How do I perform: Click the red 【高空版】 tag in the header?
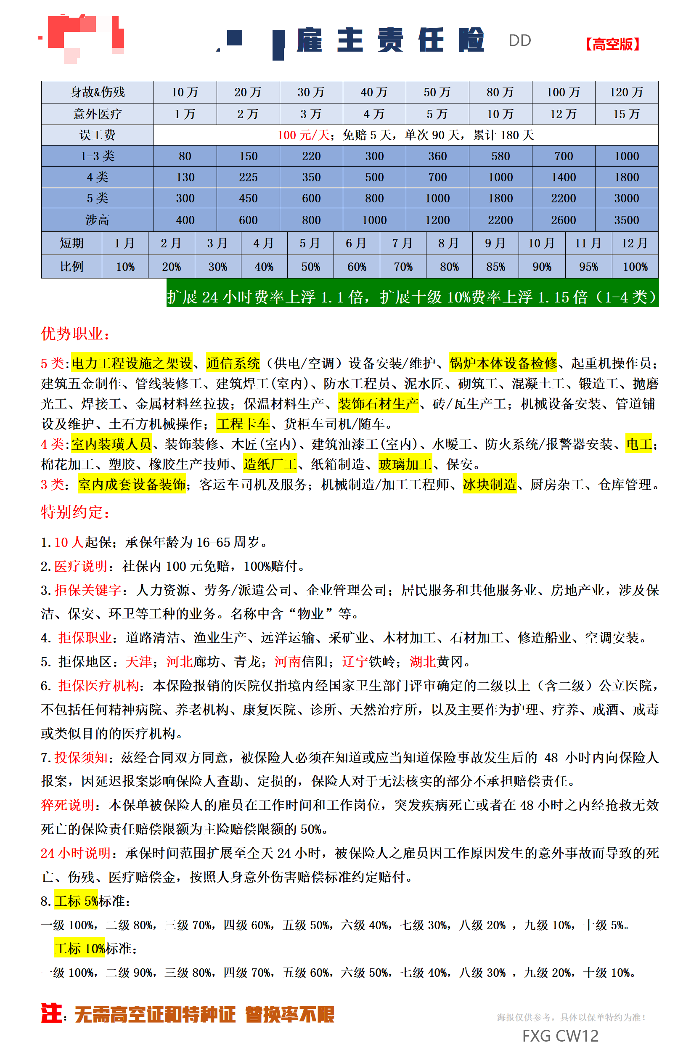click(x=613, y=44)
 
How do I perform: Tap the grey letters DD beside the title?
click(x=519, y=40)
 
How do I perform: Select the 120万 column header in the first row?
click(x=626, y=92)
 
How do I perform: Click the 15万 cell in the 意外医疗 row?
click(x=626, y=114)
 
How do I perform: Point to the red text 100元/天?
click(x=303, y=135)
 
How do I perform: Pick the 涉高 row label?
click(x=97, y=220)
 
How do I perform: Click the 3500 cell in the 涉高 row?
click(x=626, y=220)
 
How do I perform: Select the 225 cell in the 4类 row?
click(x=248, y=178)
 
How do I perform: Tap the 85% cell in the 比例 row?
click(x=495, y=267)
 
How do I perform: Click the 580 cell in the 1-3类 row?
click(x=500, y=156)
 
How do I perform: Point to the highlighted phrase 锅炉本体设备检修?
click(x=503, y=363)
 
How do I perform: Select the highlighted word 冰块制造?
click(x=490, y=484)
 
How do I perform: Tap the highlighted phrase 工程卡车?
click(x=243, y=424)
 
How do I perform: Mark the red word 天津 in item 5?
click(x=139, y=662)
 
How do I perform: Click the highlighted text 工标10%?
click(x=80, y=948)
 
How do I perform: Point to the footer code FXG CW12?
click(x=560, y=1036)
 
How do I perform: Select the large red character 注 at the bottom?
click(x=51, y=1013)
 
